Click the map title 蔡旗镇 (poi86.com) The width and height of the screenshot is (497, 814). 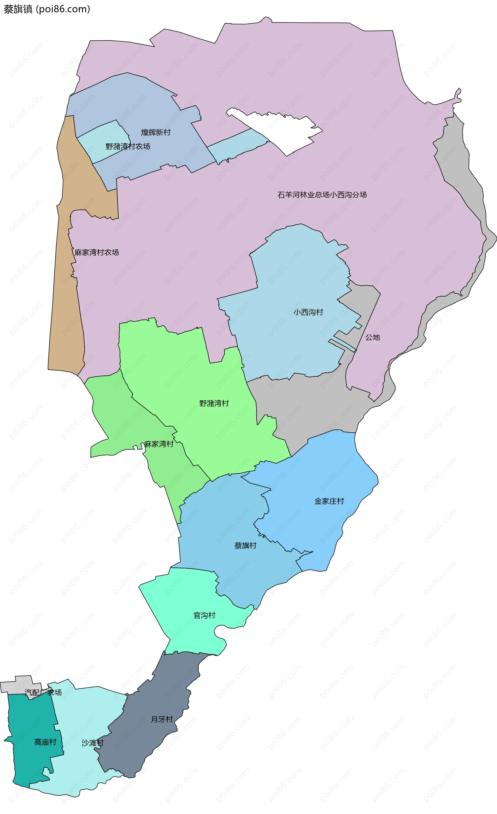click(x=47, y=9)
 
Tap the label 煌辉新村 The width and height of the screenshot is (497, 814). click(x=156, y=132)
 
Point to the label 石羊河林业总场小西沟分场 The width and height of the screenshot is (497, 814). click(x=322, y=195)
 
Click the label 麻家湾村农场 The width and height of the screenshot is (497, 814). click(x=97, y=252)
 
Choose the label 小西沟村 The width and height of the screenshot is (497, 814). click(x=308, y=312)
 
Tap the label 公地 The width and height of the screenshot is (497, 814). click(x=372, y=337)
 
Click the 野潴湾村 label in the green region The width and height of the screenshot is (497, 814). click(x=214, y=403)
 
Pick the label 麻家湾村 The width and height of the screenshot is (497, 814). click(x=159, y=444)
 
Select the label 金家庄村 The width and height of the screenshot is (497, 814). click(x=329, y=501)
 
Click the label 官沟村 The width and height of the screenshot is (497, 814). click(x=204, y=615)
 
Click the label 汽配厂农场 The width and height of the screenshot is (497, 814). click(x=43, y=692)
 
